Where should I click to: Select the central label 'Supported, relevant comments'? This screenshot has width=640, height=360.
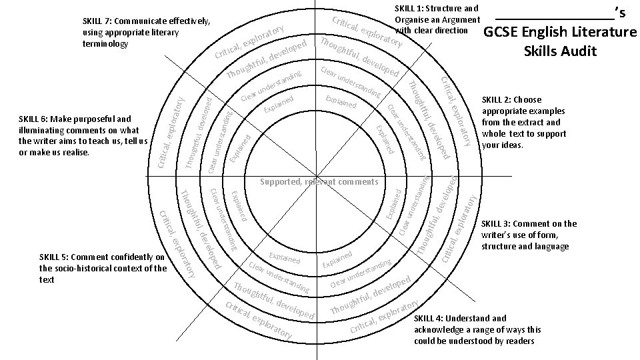pos(319,181)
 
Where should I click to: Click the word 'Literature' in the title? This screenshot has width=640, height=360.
pos(601,32)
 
